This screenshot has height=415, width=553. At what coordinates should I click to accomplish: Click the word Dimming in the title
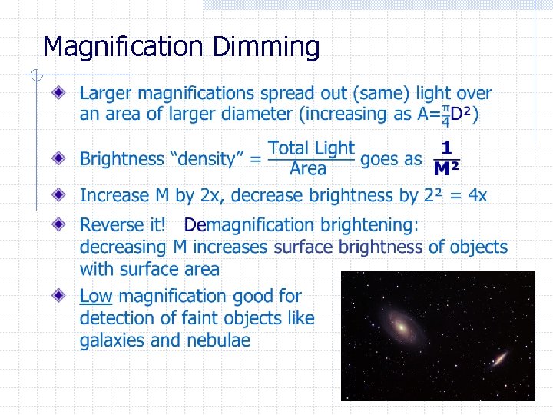(x=266, y=48)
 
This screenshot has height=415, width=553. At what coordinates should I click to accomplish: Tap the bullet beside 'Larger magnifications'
(x=60, y=93)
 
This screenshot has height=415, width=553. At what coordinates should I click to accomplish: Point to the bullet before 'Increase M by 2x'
(x=60, y=194)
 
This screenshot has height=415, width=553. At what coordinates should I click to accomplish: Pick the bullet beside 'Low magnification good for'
(x=60, y=295)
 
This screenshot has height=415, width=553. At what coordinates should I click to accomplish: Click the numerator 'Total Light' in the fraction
(x=311, y=148)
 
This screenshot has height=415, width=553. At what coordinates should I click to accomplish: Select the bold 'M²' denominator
(x=446, y=169)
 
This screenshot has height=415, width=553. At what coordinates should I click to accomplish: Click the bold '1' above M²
(x=446, y=148)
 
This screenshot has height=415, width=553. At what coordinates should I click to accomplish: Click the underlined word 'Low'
(x=96, y=296)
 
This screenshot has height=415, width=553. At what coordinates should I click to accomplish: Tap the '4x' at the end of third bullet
(x=477, y=195)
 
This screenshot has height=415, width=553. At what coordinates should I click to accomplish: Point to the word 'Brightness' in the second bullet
(x=121, y=160)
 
